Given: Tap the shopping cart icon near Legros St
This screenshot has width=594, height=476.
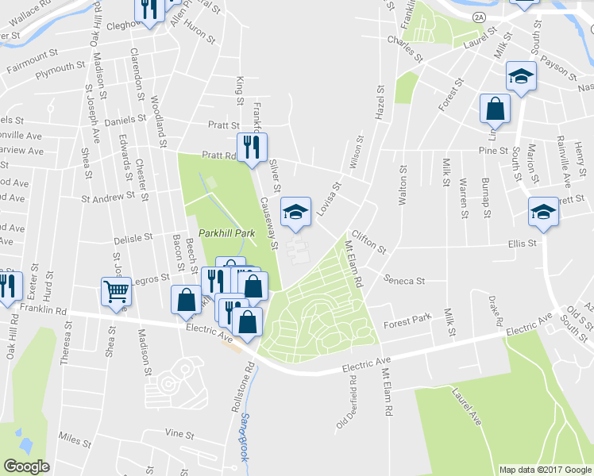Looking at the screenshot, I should click(x=116, y=292).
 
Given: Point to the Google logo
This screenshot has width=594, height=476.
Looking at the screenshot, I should click(x=26, y=466).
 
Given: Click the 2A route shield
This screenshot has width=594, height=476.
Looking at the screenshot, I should click(x=478, y=16).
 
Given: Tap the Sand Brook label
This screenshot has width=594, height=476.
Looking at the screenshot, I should click(x=247, y=429).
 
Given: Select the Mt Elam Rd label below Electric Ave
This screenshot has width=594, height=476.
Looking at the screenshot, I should click(x=388, y=393).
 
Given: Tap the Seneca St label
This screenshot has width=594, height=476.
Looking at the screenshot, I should click(x=404, y=280).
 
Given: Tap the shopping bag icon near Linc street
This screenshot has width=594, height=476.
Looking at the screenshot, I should click(x=495, y=109).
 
